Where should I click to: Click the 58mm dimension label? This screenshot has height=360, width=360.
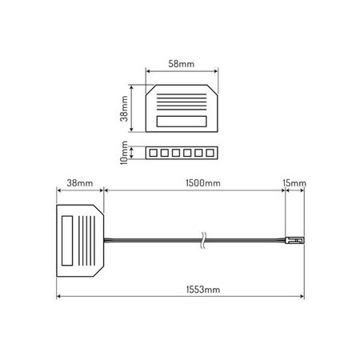point(182,64)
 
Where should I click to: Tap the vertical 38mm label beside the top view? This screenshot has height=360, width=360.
point(124,109)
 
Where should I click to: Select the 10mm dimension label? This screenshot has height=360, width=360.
point(124,153)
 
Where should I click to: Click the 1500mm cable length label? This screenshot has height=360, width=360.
point(203,183)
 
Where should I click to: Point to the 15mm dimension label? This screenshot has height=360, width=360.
point(294,183)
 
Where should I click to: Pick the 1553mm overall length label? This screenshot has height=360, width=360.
point(203,290)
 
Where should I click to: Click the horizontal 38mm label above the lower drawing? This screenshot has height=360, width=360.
point(80,183)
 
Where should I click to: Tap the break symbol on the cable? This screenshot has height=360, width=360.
point(203,240)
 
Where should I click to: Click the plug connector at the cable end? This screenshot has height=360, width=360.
point(294,240)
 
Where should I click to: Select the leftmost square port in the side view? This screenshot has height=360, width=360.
point(153,153)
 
